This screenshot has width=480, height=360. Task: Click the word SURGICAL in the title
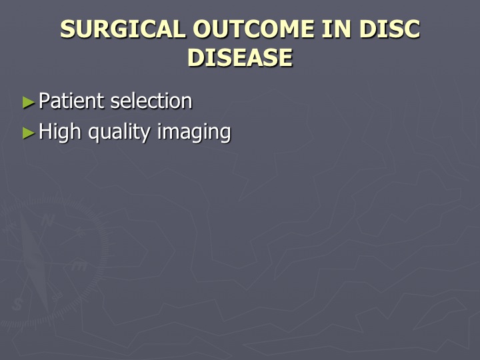[x=123, y=29]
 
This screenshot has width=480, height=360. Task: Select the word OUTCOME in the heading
[x=253, y=29]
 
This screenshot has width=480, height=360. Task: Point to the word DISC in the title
[x=390, y=29]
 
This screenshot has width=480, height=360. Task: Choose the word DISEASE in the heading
[x=240, y=57]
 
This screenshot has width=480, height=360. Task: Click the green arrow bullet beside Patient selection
[x=29, y=103]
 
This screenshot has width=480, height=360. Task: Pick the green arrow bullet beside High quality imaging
[x=29, y=133]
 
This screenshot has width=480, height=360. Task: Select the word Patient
[x=72, y=101]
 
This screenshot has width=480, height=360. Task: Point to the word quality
[x=119, y=132]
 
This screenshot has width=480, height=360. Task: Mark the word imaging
[x=194, y=132]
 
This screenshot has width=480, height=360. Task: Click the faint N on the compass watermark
[x=47, y=220]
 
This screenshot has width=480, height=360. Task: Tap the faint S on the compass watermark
[x=17, y=304]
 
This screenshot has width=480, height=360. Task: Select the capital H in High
[x=45, y=131]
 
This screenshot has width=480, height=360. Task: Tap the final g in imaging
[x=225, y=134]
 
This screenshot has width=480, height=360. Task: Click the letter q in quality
[x=94, y=134]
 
